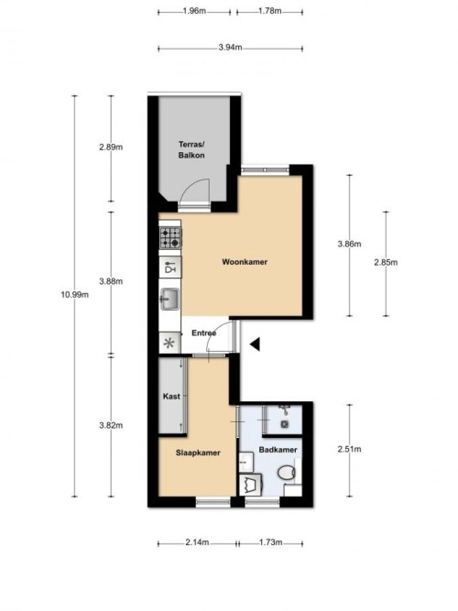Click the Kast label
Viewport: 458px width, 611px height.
tap(170, 396)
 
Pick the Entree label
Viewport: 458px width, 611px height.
tap(203, 333)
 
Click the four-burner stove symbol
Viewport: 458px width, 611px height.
tap(170, 239)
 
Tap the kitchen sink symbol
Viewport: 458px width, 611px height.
tap(170, 298)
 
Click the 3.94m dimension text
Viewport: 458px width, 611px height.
tap(230, 48)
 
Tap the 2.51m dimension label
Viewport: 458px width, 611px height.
tap(350, 449)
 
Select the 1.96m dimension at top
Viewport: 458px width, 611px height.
tap(193, 11)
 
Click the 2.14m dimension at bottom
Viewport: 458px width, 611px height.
tap(195, 543)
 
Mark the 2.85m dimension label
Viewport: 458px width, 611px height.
tap(386, 262)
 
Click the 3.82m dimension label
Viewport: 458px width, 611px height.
tap(110, 424)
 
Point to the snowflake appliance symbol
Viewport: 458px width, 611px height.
tap(169, 344)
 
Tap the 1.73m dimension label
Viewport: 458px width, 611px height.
tap(269, 543)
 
